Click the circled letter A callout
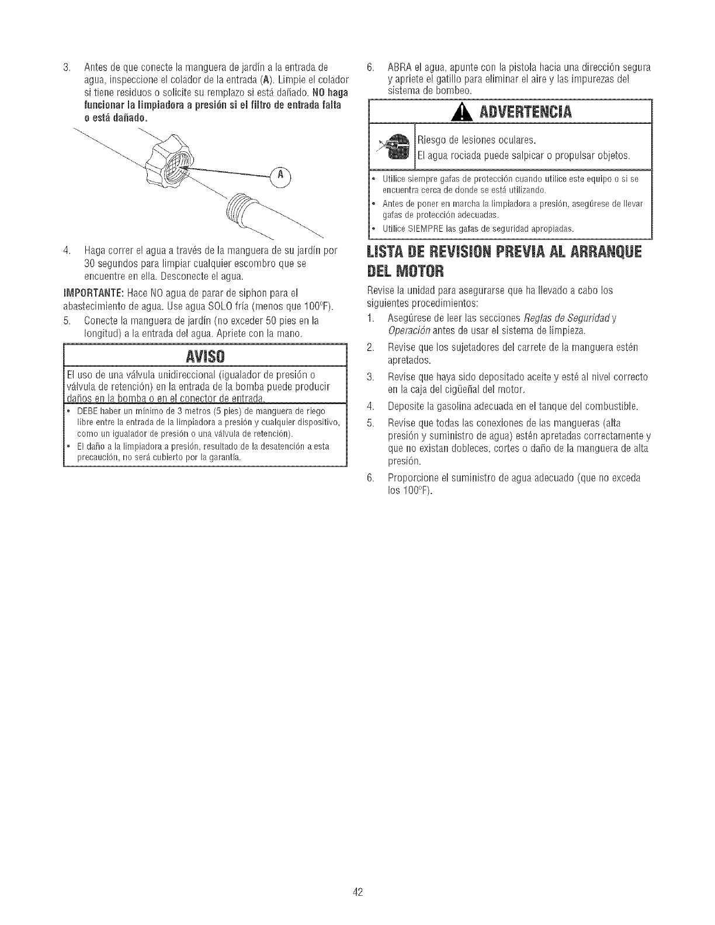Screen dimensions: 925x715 click(280, 175)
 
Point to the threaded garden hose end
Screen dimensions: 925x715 click(240, 210)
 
